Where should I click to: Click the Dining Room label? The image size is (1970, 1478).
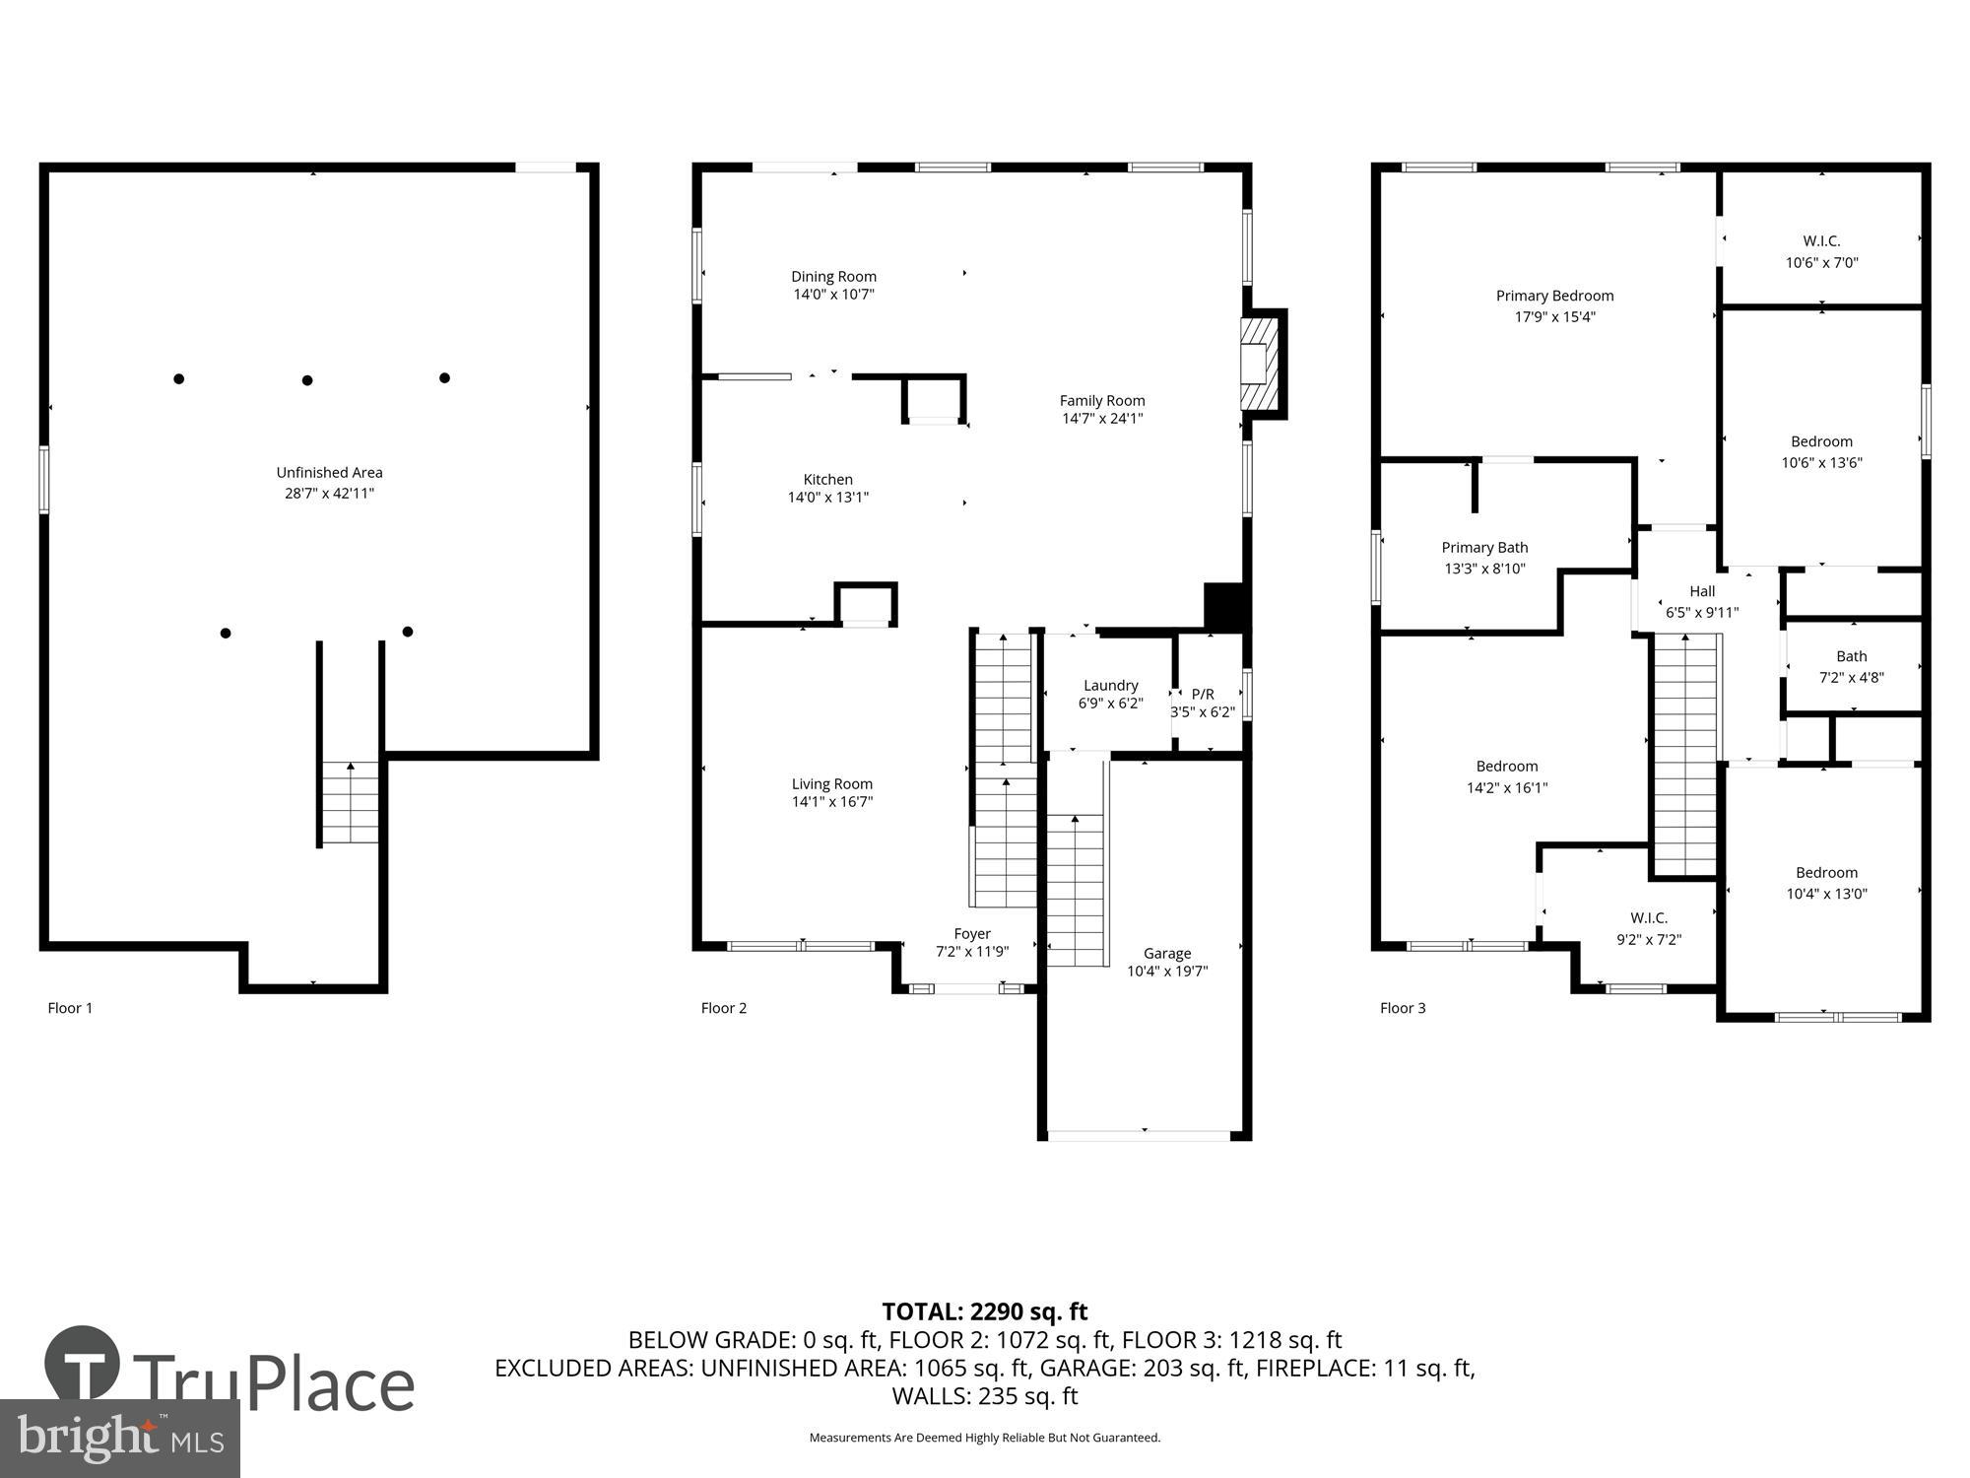coord(833,277)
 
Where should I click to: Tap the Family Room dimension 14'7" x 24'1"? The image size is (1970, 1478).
coord(1101,419)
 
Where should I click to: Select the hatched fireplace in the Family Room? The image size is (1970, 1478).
coord(1260,363)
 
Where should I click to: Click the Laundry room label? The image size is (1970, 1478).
coord(1110,686)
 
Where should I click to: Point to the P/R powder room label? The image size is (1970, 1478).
coord(1203,694)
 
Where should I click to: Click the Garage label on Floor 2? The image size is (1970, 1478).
coord(1167,953)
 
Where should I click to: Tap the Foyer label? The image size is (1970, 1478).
coord(971,934)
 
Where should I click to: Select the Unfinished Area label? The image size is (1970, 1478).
coord(329,473)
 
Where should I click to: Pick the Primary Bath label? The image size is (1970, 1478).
coord(1484,548)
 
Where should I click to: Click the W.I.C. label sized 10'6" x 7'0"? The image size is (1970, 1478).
coord(1821,241)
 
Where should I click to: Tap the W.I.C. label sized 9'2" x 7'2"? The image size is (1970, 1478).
coord(1648,918)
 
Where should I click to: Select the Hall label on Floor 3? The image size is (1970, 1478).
coord(1702,591)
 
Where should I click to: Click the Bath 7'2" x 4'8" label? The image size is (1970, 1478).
coord(1851,656)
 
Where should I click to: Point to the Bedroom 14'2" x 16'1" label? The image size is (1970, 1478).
coord(1506,767)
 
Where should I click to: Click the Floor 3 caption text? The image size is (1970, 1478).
coord(1402,1008)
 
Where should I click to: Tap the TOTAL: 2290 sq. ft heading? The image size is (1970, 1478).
coord(984,1311)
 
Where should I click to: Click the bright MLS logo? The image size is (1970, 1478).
coord(119,1439)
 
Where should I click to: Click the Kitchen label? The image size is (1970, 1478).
coord(827,480)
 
